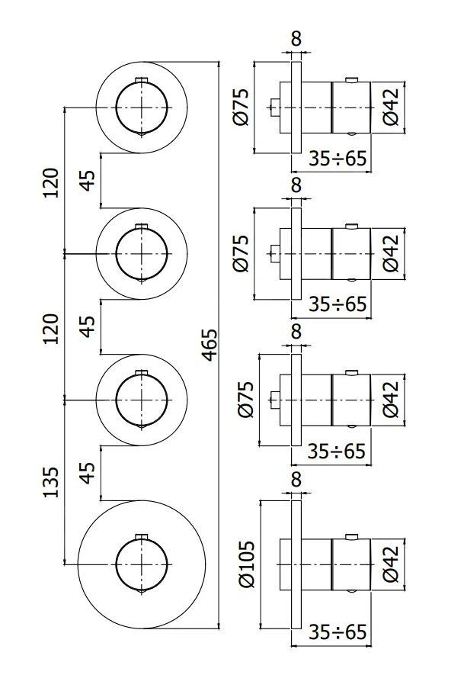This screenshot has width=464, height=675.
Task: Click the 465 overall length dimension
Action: (209, 346)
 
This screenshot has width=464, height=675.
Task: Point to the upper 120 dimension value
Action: (50, 182)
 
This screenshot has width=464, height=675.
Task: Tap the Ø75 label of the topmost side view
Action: (243, 108)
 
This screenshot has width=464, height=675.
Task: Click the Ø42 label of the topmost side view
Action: (390, 108)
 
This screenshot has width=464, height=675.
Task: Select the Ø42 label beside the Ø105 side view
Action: (390, 564)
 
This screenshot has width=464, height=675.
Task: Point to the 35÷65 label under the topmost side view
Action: (338, 159)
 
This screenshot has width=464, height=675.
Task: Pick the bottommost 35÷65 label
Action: (338, 632)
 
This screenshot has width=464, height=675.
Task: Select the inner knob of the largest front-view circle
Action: (141, 564)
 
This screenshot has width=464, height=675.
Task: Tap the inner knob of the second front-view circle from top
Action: (141, 252)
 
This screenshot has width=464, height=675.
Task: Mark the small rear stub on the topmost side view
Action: (274, 108)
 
